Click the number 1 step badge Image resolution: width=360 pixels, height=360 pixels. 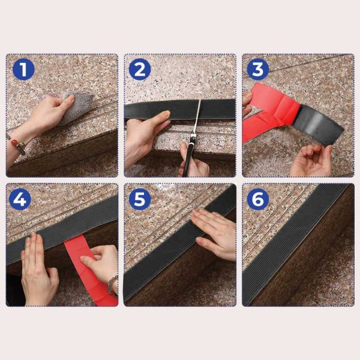pos(23,70)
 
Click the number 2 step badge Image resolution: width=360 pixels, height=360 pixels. pos(139,70)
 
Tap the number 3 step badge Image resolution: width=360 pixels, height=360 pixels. pos(258,70)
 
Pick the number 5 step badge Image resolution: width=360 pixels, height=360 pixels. pos(139,199)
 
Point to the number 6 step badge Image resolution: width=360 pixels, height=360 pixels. pos(258,199)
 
